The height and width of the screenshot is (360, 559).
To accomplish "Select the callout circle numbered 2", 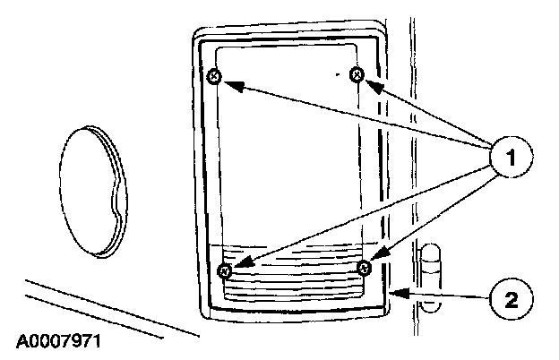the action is coord(509,295).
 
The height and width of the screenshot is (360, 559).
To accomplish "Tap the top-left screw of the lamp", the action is coord(214,77).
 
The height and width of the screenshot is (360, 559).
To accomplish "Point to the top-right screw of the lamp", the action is coord(357,75).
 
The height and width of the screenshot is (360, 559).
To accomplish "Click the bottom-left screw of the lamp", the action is coord(225,270).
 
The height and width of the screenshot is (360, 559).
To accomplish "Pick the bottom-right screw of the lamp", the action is coord(364,268).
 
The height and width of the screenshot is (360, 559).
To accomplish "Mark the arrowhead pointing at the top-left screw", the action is coord(227,82).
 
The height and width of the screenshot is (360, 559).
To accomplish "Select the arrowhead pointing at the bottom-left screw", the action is coord(238,266).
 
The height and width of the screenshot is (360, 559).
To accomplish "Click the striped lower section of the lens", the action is coord(296,273).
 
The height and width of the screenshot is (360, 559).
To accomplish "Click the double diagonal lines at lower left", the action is coord(107,309).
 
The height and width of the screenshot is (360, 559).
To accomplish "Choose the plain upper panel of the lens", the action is coord(287,152).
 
